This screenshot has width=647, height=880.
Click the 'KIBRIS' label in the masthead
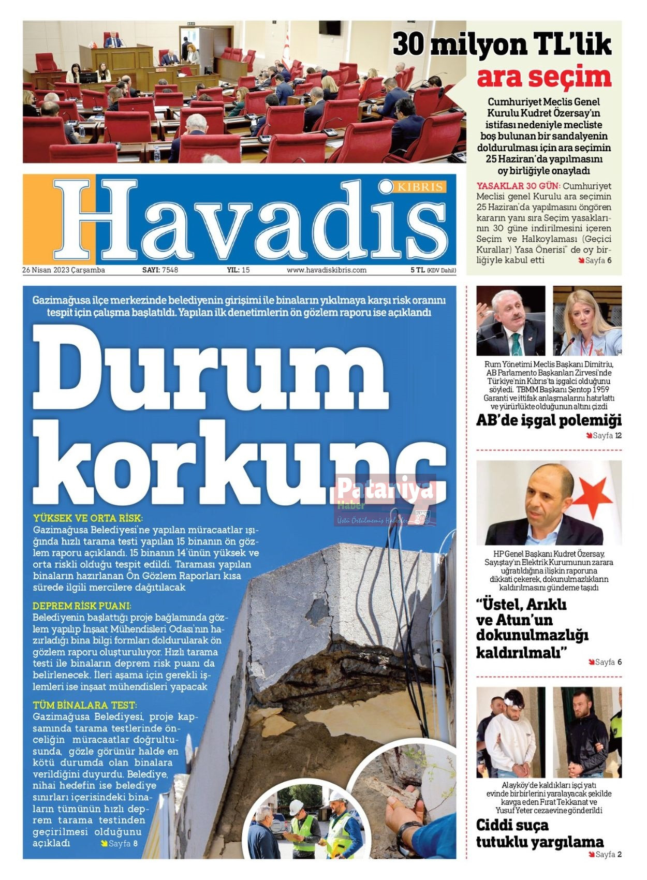[420, 187]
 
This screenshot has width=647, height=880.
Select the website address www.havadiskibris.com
[327, 270]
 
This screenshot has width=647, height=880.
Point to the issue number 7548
[170, 270]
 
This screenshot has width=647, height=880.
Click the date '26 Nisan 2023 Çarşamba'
[64, 270]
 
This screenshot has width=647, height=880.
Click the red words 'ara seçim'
[543, 78]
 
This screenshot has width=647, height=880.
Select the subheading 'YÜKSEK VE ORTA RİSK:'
[87, 518]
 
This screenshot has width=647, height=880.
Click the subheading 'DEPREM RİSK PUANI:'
[82, 606]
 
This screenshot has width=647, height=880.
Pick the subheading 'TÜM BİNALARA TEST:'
[84, 706]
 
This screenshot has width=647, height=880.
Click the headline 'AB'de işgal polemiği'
[549, 420]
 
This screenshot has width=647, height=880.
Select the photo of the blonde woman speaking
[587, 320]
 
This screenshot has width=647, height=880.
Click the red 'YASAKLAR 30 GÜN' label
[518, 186]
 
